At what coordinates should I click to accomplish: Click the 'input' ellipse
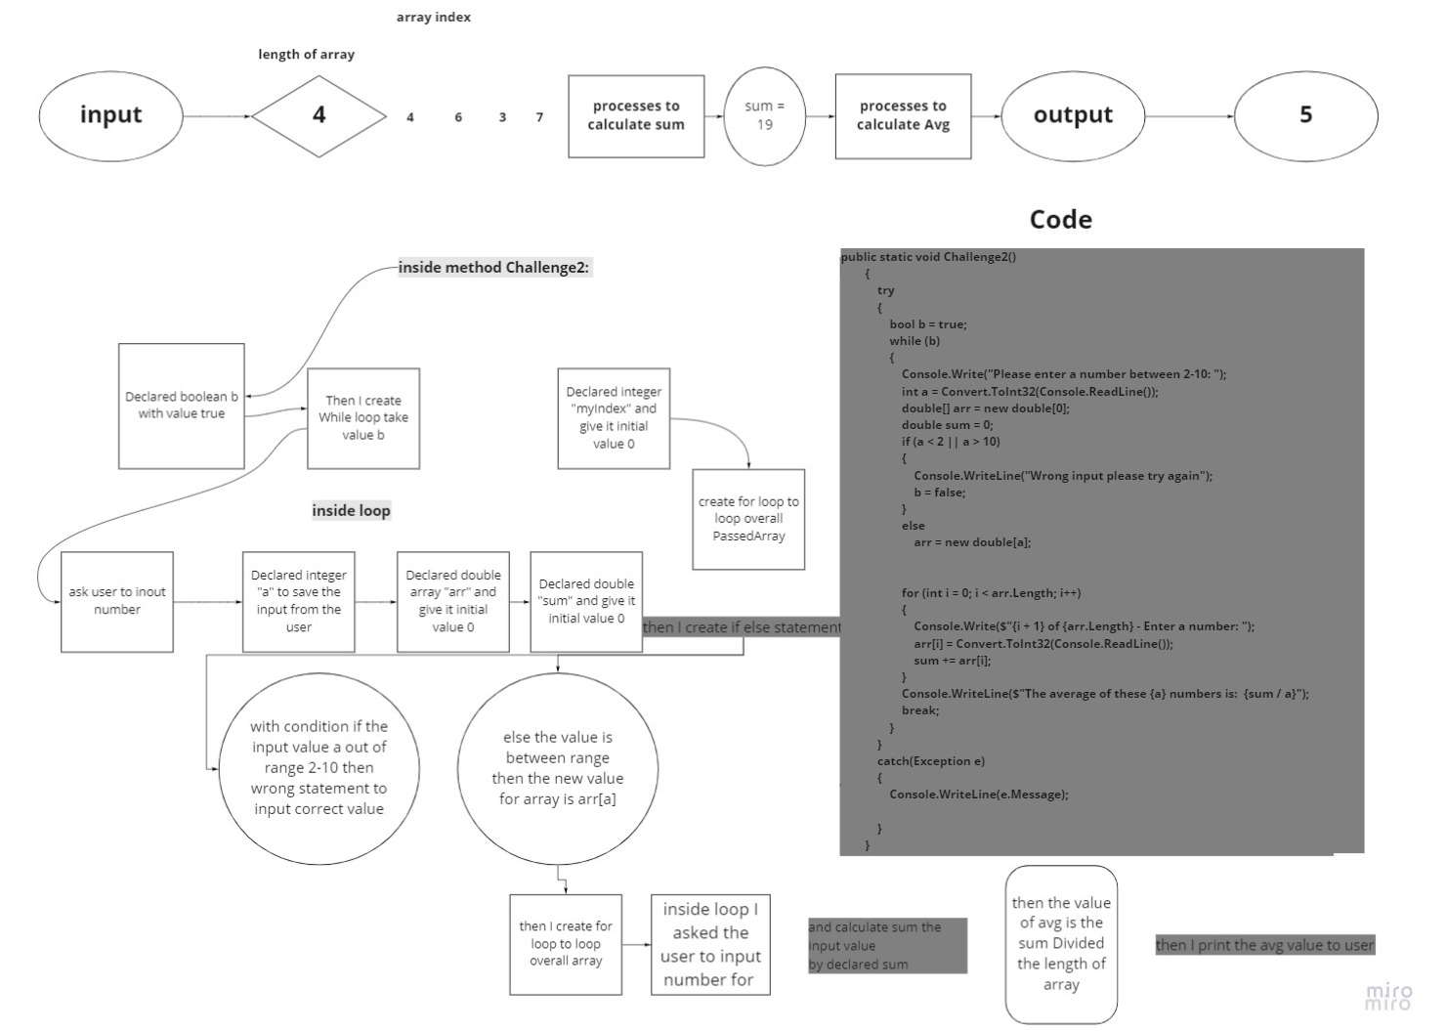[x=110, y=115]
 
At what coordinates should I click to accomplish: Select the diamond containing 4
[x=319, y=115]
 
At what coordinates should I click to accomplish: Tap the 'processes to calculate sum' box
[x=636, y=115]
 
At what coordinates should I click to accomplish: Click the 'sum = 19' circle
[x=764, y=115]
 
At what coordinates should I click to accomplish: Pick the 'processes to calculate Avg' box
[x=903, y=115]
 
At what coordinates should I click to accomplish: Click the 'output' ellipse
[x=1073, y=115]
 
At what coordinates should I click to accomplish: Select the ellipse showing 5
[x=1305, y=115]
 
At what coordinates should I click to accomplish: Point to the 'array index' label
[x=433, y=17]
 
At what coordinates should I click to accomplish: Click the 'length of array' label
[x=306, y=54]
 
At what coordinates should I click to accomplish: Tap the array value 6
[x=457, y=117]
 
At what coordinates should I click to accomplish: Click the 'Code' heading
[x=1060, y=219]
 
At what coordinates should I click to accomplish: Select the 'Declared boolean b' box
[x=181, y=406]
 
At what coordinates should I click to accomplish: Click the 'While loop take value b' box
[x=362, y=418]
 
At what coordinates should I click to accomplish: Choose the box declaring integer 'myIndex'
[x=614, y=418]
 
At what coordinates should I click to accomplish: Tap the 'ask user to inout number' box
[x=116, y=601]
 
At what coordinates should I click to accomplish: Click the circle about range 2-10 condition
[x=319, y=767]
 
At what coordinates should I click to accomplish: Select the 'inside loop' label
[x=351, y=510]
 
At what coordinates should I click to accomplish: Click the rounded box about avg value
[x=1061, y=943]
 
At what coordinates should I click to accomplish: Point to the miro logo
[x=1388, y=996]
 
